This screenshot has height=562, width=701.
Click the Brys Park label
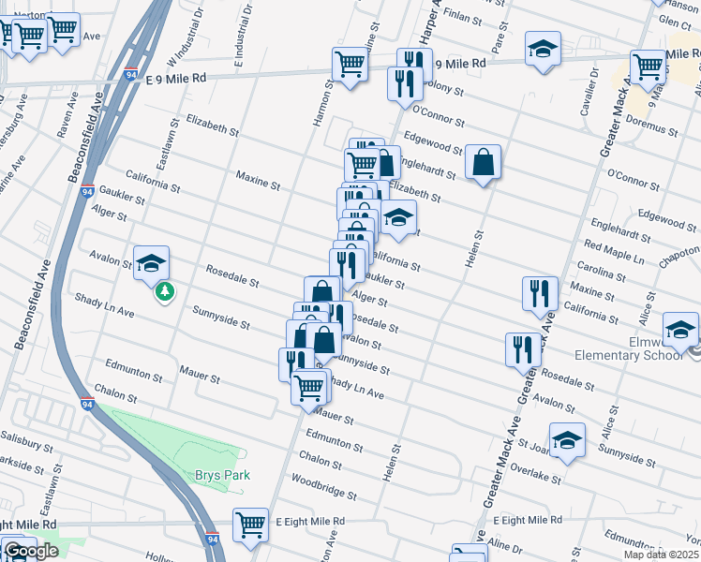(222, 475)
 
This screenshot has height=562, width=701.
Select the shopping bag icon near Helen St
(483, 163)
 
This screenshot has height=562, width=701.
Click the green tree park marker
(165, 292)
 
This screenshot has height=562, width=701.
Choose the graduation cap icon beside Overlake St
(568, 440)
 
